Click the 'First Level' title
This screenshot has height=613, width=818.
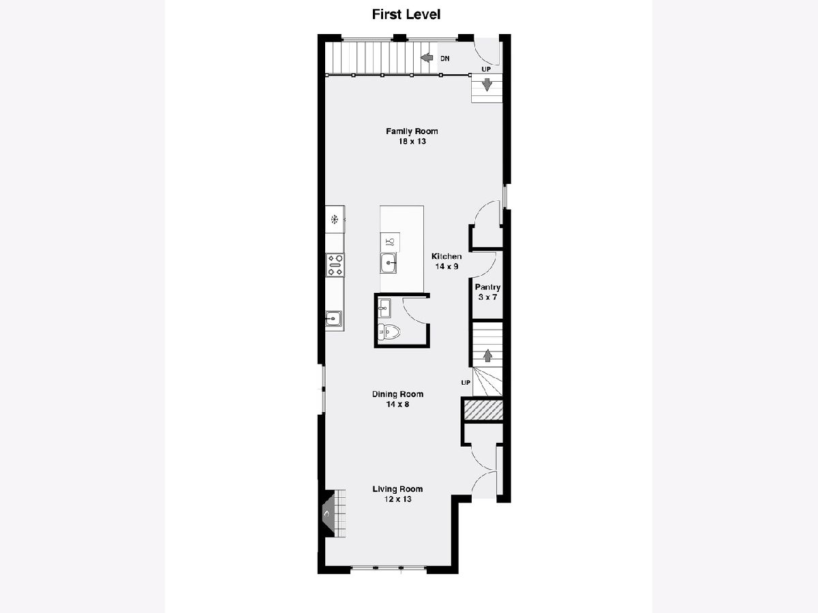point(406,14)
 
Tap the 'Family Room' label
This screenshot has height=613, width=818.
point(412,131)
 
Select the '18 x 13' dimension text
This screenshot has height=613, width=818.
point(412,142)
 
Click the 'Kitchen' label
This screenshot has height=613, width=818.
point(446,256)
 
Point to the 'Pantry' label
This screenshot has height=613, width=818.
point(487,287)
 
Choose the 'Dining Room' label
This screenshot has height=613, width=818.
point(397,394)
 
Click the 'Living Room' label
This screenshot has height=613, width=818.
point(397,488)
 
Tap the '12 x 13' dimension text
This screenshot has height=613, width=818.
point(398,499)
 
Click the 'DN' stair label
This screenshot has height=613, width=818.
point(445,59)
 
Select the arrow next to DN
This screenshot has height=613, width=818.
point(427,58)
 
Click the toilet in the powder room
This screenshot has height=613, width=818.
point(389,332)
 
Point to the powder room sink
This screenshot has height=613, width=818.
point(384,308)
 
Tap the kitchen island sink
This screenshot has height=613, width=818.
point(389,263)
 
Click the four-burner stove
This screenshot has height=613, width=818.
point(335,265)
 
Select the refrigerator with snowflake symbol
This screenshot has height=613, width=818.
point(335,219)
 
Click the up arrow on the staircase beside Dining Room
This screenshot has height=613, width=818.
point(487,356)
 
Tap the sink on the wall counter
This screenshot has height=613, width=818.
point(333,319)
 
